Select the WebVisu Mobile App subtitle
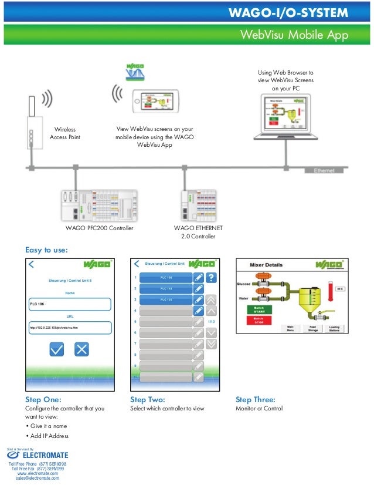tap(294, 35)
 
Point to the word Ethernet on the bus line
tap(324, 170)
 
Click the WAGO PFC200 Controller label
tap(99, 228)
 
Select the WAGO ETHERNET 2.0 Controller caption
tap(198, 232)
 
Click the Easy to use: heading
tap(46, 250)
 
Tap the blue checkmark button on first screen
tap(56, 349)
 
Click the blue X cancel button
tap(81, 349)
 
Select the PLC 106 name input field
tap(70, 304)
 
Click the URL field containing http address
tap(70, 327)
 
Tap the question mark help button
tap(212, 278)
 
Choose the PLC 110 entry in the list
tap(166, 289)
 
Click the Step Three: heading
tap(255, 400)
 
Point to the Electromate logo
tap(38, 455)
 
